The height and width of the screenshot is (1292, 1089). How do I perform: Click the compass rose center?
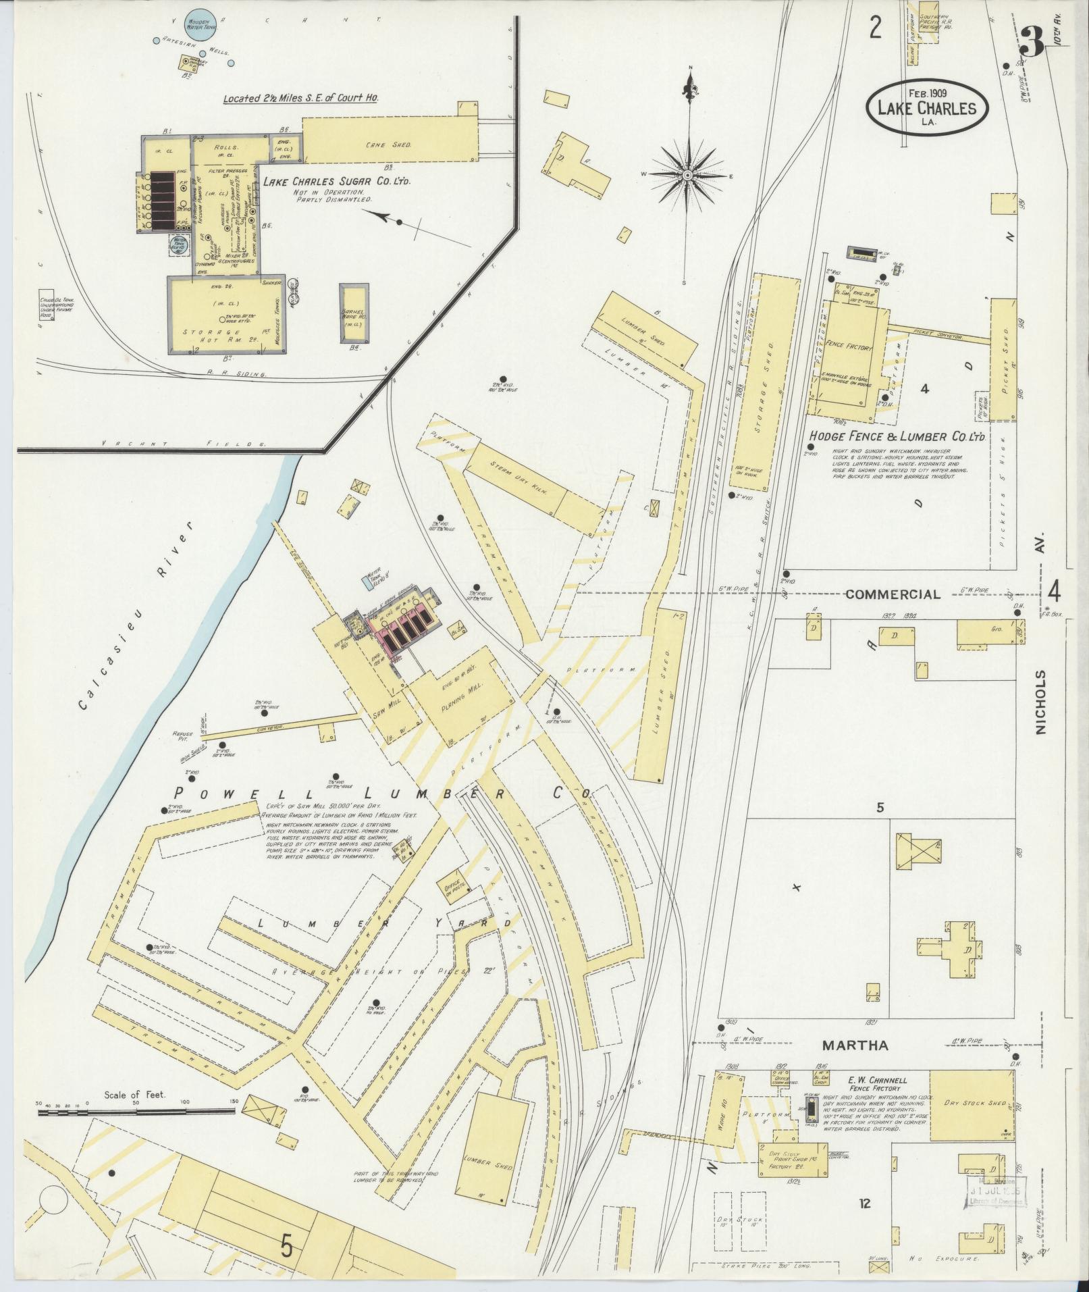(x=687, y=176)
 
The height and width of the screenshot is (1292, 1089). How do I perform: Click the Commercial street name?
(x=893, y=594)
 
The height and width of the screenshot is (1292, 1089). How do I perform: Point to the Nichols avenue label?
(x=1040, y=702)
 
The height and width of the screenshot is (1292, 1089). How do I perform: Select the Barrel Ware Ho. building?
(x=354, y=316)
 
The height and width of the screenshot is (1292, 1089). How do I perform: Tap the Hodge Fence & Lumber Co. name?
(x=898, y=437)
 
